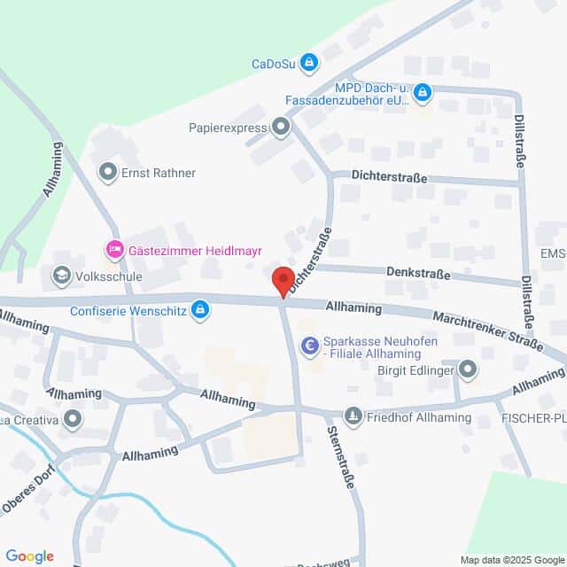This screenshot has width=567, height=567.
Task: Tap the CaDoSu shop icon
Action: (x=309, y=62)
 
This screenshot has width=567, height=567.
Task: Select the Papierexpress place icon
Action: (x=281, y=128)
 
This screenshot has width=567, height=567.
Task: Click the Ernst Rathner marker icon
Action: (x=109, y=172)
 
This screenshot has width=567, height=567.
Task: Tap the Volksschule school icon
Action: (x=62, y=276)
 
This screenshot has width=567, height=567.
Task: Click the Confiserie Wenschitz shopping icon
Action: (x=201, y=308)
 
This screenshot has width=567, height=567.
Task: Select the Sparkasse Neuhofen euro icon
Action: (x=309, y=346)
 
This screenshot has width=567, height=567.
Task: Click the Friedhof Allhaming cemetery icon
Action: (x=353, y=416)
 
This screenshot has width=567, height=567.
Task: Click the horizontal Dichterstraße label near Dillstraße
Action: (x=388, y=178)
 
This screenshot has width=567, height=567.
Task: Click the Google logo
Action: (x=29, y=555)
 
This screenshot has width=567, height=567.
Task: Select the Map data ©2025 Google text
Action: (x=511, y=559)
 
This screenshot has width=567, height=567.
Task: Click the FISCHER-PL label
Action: (x=533, y=418)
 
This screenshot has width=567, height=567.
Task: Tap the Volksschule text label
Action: (x=109, y=277)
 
